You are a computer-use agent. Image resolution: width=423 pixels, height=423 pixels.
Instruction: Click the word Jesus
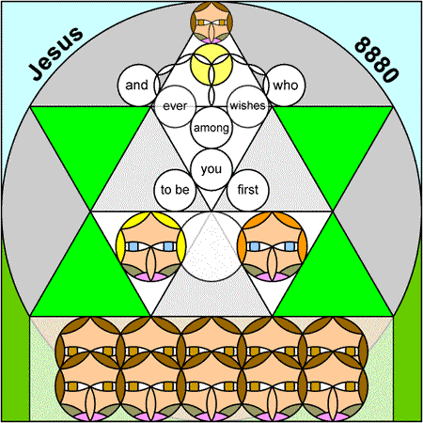56,54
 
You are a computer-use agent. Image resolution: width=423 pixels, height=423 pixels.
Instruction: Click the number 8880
377,59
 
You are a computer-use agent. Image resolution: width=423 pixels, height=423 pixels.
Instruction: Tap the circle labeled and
137,86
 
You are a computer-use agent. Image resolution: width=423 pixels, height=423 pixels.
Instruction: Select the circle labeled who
285,86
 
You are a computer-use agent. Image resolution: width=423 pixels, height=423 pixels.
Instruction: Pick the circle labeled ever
175,106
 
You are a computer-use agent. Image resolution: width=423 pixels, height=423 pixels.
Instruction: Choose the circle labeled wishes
247,106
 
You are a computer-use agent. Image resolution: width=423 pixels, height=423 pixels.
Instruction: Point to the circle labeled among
211,128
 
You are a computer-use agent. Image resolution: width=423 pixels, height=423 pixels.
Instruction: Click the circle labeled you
211,169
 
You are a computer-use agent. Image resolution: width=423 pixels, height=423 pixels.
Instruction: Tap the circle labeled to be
175,190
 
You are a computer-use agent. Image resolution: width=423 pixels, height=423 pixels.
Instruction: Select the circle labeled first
248,190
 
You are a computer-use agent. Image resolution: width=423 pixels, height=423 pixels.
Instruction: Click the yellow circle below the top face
211,64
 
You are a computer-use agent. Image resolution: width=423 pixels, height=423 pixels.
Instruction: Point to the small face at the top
211,23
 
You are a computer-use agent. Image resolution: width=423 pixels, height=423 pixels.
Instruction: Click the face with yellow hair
150,246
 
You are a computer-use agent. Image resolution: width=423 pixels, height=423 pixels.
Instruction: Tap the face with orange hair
273,246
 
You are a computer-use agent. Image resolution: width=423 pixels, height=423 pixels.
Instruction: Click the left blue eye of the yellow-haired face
133,246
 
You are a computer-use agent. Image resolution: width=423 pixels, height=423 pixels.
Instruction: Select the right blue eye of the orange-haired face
290,246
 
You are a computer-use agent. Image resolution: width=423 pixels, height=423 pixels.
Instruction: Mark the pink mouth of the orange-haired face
273,277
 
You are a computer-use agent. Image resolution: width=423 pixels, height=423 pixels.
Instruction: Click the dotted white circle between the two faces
211,246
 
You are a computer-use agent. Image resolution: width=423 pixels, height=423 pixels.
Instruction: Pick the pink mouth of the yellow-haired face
150,277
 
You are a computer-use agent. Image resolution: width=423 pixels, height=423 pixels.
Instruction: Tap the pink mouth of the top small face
211,40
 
